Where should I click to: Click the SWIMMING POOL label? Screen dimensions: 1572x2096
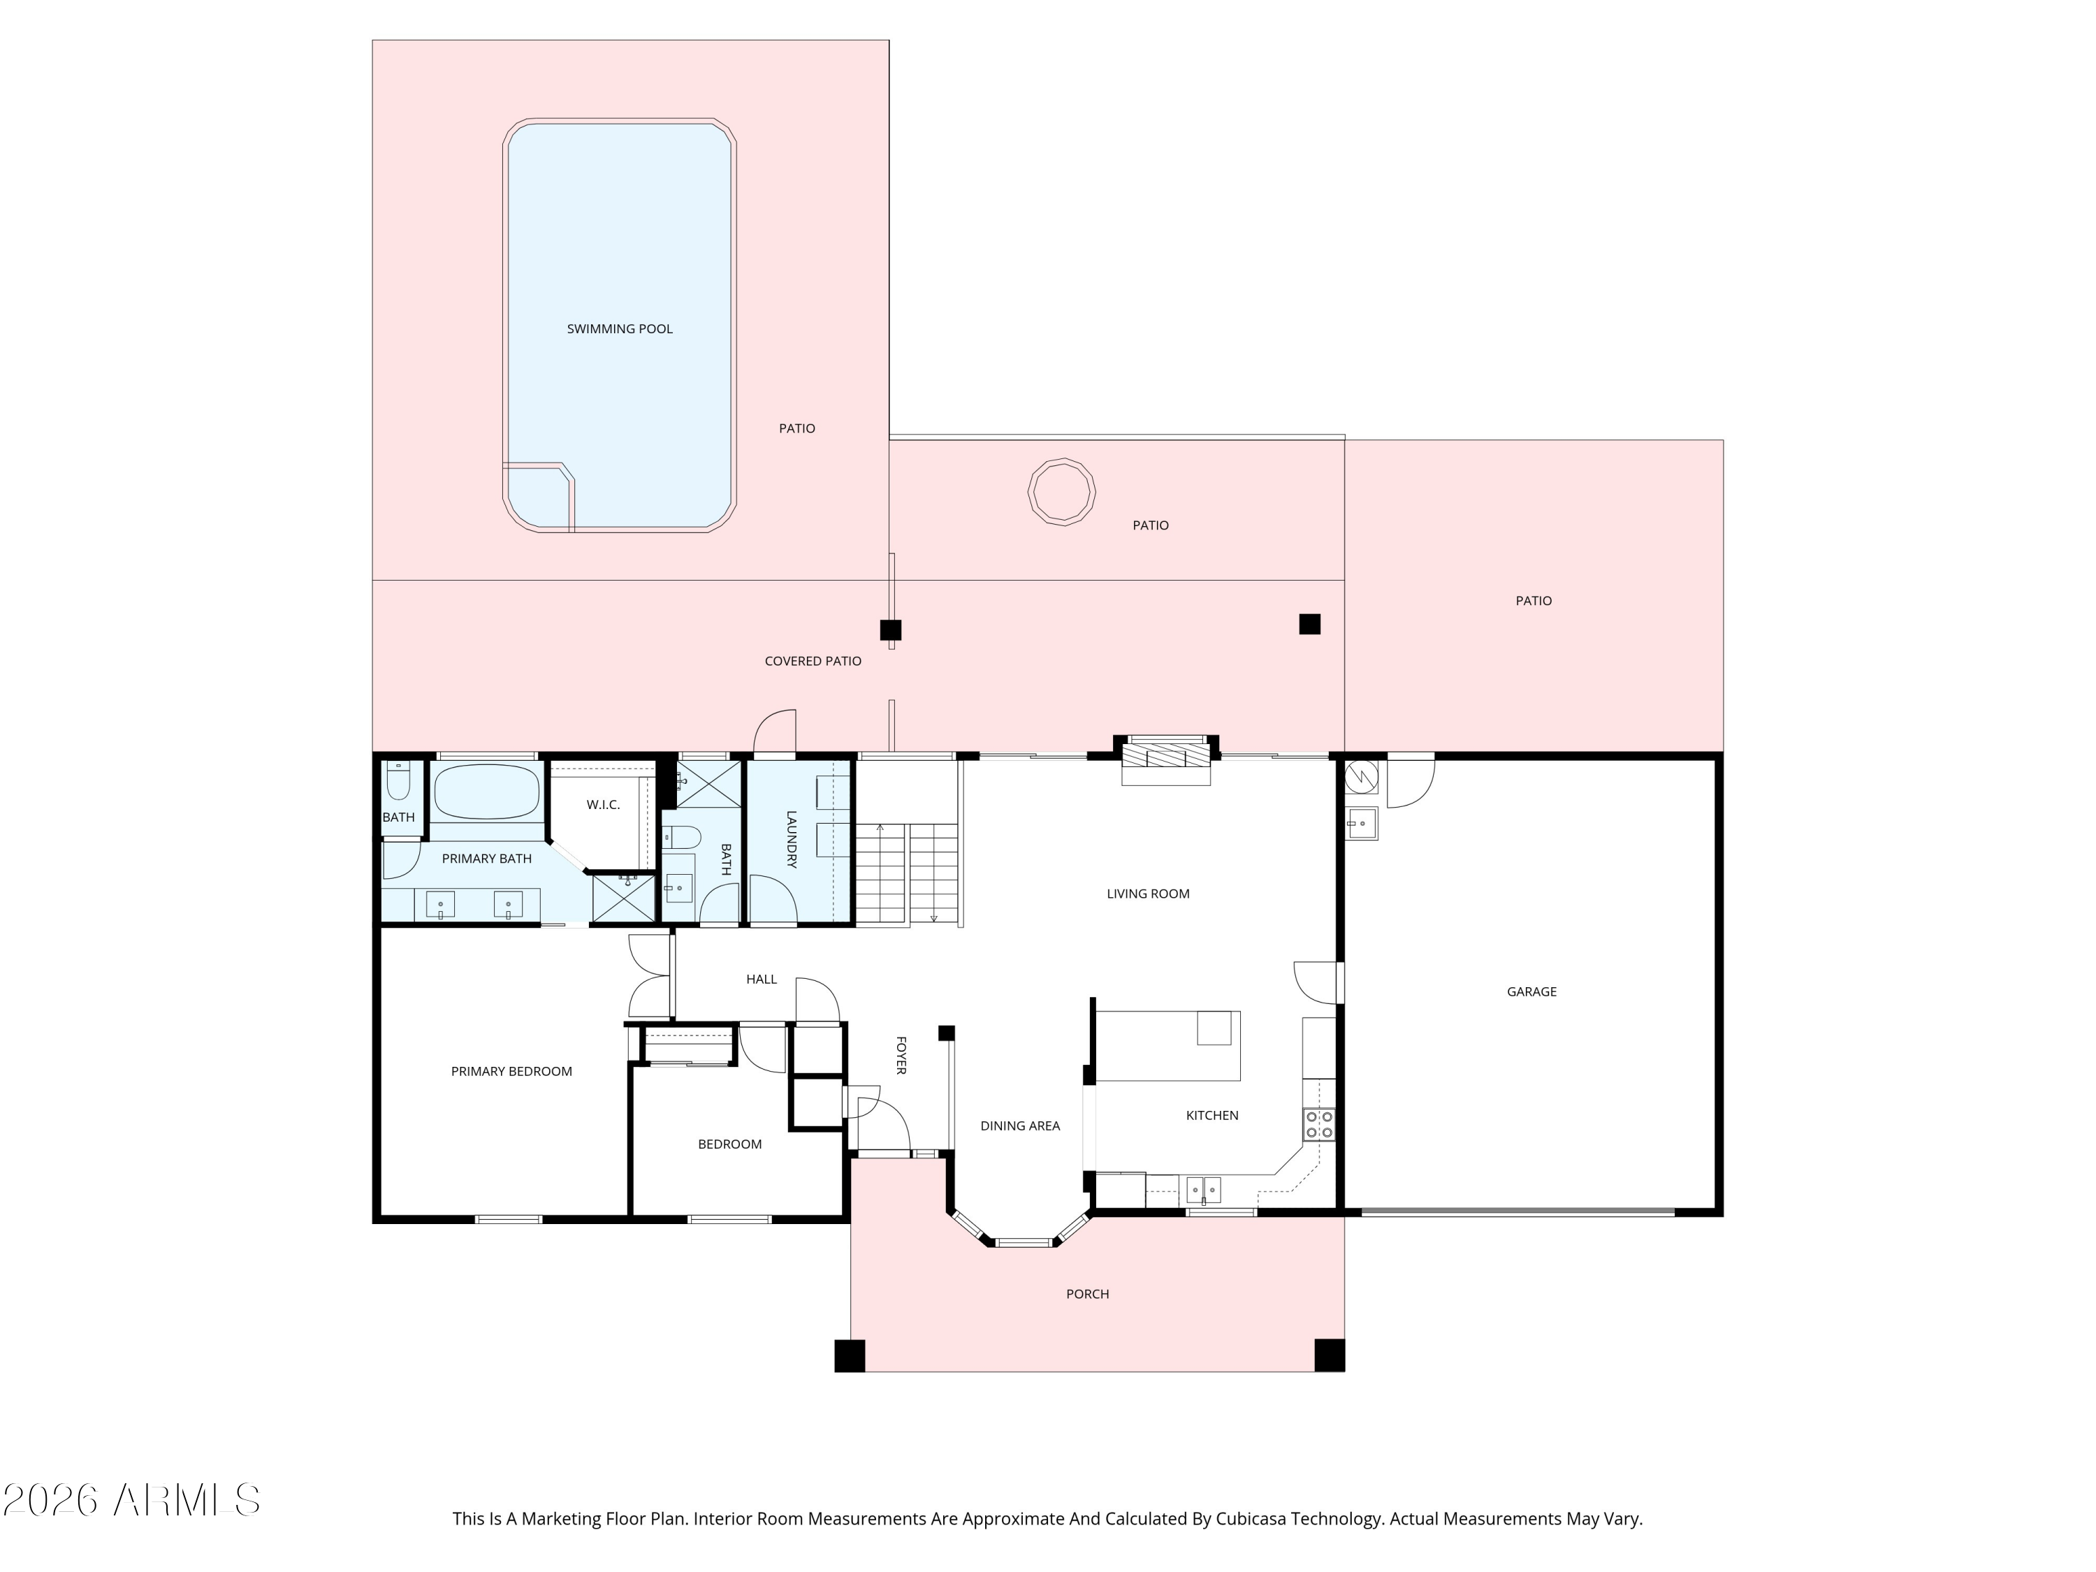[620, 329]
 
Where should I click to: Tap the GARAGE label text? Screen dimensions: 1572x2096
[1531, 992]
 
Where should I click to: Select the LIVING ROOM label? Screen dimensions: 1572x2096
[1147, 894]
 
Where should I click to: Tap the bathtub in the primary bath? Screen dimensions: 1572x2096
[487, 791]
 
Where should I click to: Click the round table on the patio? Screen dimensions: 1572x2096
[1061, 491]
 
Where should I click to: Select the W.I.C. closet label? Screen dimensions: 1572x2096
[603, 804]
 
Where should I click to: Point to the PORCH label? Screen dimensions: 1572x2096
[1087, 1293]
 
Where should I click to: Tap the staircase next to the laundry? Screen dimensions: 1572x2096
[908, 873]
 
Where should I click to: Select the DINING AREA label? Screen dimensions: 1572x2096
[1019, 1126]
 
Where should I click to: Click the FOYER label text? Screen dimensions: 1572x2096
[901, 1054]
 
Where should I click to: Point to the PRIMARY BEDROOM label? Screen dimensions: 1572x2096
[511, 1072]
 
